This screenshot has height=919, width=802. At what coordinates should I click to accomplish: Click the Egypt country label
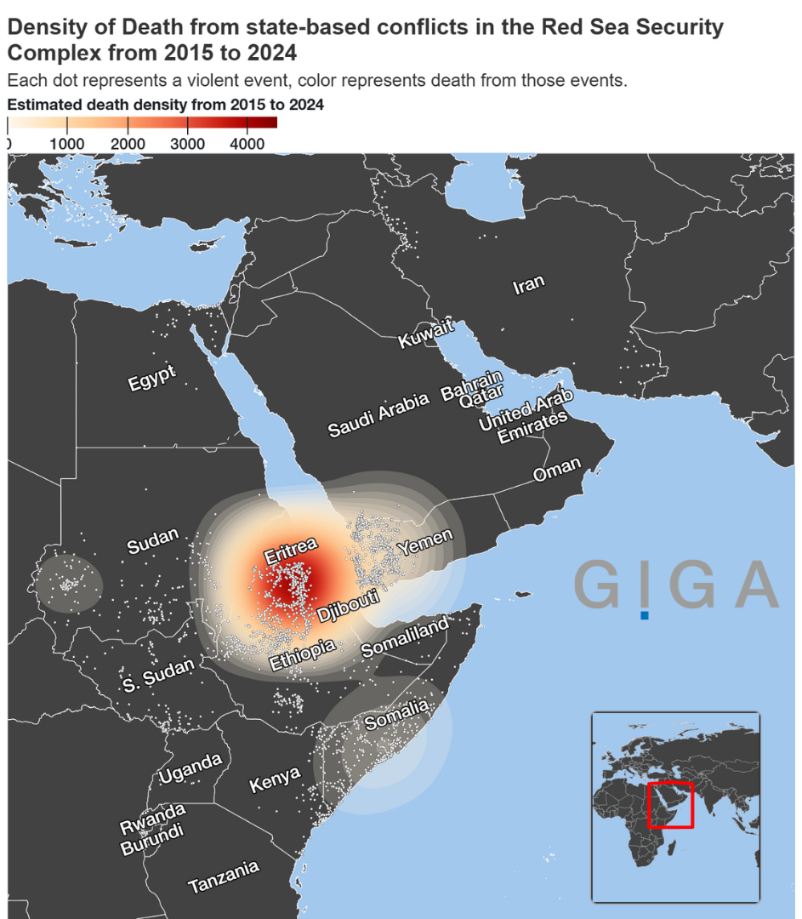pyautogui.click(x=152, y=377)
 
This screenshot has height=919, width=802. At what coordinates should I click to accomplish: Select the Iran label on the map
pyautogui.click(x=528, y=285)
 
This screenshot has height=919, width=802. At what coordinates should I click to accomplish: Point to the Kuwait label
pyautogui.click(x=426, y=334)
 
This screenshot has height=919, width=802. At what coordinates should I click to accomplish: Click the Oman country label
pyautogui.click(x=557, y=469)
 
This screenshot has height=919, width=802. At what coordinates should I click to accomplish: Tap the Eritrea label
pyautogui.click(x=290, y=550)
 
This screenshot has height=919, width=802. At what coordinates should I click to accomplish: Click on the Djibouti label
pyautogui.click(x=348, y=604)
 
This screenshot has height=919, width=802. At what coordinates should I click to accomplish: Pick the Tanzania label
pyautogui.click(x=223, y=877)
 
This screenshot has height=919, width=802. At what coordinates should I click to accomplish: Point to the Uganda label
pyautogui.click(x=191, y=768)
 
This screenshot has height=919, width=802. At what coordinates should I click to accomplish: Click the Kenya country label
pyautogui.click(x=275, y=779)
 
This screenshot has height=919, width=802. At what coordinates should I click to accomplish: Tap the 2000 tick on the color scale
pyautogui.click(x=127, y=143)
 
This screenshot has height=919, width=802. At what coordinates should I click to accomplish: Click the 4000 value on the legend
pyautogui.click(x=247, y=143)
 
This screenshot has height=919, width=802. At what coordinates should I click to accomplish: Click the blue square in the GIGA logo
pyautogui.click(x=645, y=614)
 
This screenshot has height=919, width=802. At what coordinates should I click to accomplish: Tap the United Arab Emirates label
pyautogui.click(x=526, y=417)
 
